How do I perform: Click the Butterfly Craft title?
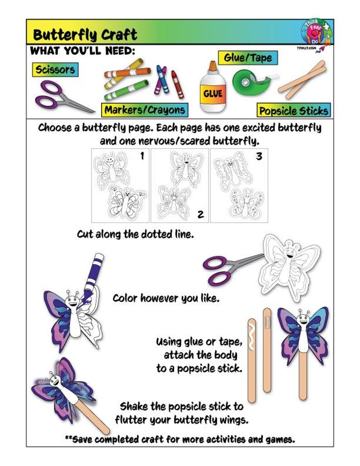pos(85,34)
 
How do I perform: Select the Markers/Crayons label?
pos(145,110)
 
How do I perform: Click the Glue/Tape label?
pos(248,58)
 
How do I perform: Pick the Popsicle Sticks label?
pos(294,111)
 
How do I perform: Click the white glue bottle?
pos(212,89)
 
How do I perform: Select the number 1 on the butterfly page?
pos(142,156)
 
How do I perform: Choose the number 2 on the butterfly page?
pos(200,214)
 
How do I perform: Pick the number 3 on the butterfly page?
pos(259,156)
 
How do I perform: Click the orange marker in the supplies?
pos(127,72)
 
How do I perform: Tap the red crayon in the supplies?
pos(177,83)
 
